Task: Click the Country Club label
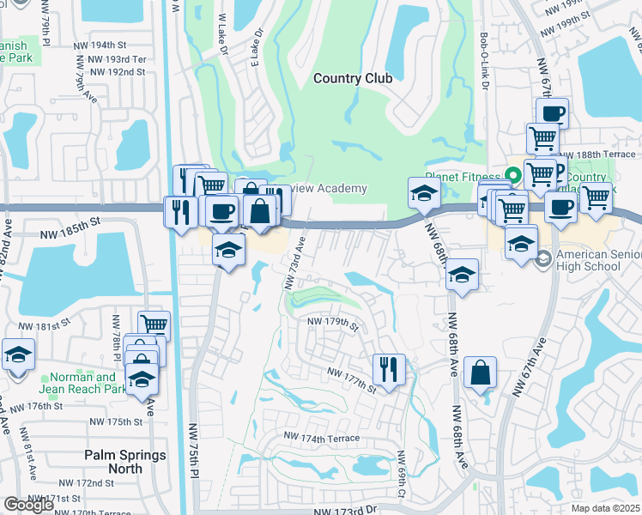click(x=353, y=78)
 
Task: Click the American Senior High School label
click(x=598, y=261)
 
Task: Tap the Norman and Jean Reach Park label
click(x=82, y=383)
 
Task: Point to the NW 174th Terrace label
click(x=323, y=439)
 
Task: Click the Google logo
click(x=28, y=505)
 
